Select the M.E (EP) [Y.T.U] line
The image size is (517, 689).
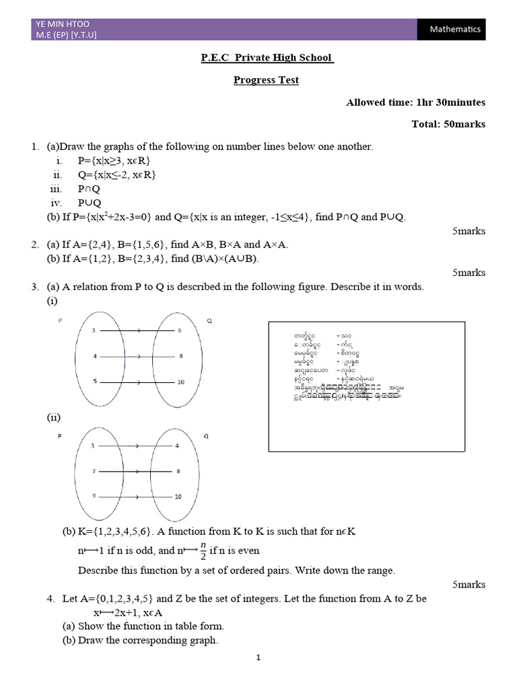point(66,35)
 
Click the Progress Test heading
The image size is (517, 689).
point(266,80)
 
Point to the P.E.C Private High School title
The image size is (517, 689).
point(267,58)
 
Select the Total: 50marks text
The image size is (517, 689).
point(448,124)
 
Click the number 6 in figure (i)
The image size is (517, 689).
point(179,331)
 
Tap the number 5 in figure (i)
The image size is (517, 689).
point(95,382)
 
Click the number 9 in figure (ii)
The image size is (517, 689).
point(95,497)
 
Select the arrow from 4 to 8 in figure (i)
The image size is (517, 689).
point(137,357)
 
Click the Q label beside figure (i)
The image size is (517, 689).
point(209,322)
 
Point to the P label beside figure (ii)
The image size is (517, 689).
point(59,436)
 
